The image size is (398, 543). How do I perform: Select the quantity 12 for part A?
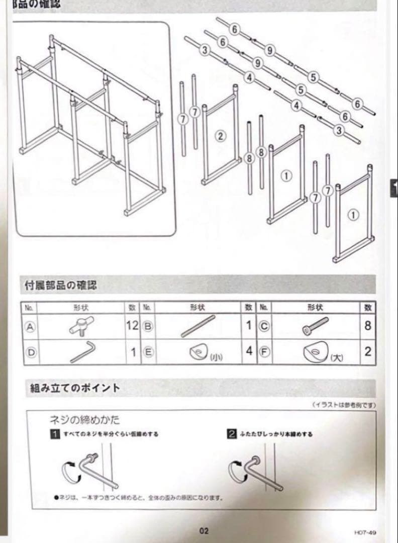click(132, 326)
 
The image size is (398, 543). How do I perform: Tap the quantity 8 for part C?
click(368, 326)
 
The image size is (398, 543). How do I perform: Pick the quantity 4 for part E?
click(249, 351)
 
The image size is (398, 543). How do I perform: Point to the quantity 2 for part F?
click(368, 351)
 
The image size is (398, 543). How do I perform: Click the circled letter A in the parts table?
click(30, 326)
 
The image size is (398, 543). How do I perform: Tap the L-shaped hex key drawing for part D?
click(81, 351)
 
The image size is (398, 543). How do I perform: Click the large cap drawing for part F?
click(315, 352)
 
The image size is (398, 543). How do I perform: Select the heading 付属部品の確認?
click(61, 286)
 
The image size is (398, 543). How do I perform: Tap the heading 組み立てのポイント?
click(75, 388)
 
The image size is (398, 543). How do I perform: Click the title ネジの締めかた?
click(84, 420)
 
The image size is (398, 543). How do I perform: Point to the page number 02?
click(204, 531)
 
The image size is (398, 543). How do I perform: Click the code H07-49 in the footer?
click(365, 531)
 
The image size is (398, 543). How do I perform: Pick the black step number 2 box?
click(232, 434)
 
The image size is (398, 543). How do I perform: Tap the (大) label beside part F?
click(337, 357)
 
